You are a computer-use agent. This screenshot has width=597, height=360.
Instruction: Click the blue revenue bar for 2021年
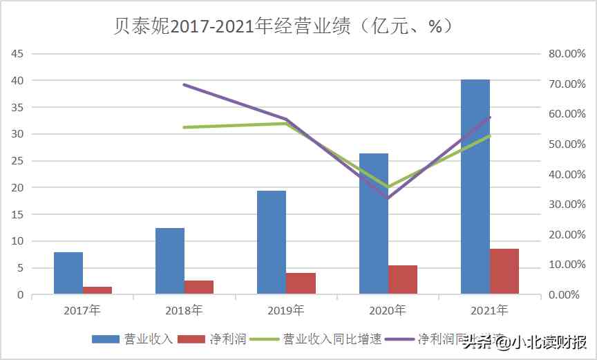pyautogui.click(x=475, y=187)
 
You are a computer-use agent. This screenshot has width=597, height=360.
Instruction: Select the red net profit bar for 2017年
pyautogui.click(x=97, y=290)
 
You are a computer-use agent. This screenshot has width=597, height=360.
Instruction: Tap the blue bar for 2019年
pyautogui.click(x=272, y=242)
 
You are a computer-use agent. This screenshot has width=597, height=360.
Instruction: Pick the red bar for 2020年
pyautogui.click(x=402, y=280)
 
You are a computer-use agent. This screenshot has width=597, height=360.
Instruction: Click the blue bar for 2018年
pyautogui.click(x=170, y=260)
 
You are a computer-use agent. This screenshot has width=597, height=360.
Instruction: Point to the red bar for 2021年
pyautogui.click(x=504, y=272)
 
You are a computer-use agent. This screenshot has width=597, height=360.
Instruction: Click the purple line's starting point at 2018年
pyautogui.click(x=184, y=84)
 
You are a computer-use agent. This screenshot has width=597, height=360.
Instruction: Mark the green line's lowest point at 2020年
pyautogui.click(x=388, y=187)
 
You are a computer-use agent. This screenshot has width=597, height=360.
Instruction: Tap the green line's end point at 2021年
pyautogui.click(x=490, y=135)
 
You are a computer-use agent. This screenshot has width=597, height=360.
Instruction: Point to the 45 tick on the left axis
pyautogui.click(x=17, y=54)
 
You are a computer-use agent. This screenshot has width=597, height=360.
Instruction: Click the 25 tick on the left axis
pyautogui.click(x=17, y=161)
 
